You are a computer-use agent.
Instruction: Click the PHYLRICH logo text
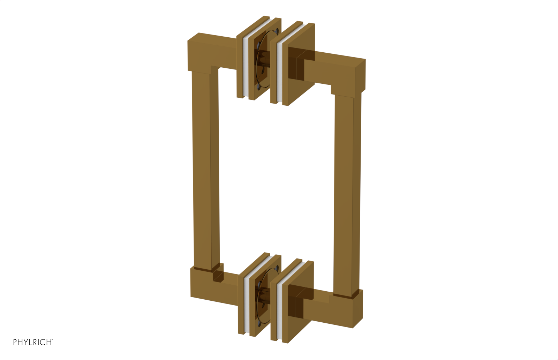point(33,342)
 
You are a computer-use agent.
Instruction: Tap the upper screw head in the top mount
point(276,31)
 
